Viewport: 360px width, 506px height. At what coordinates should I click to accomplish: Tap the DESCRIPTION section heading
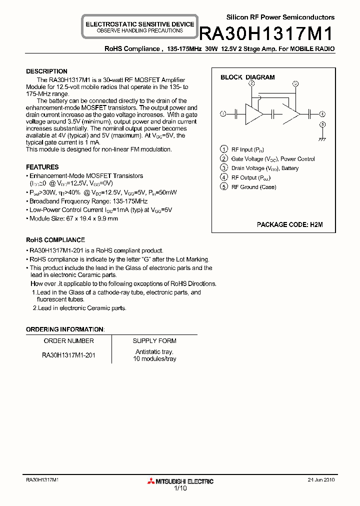click(x=46, y=71)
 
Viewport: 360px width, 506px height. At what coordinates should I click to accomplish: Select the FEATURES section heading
click(x=42, y=167)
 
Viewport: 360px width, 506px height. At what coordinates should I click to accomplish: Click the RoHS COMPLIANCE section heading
click(x=55, y=240)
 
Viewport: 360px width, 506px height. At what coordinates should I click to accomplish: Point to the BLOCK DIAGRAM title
click(x=247, y=77)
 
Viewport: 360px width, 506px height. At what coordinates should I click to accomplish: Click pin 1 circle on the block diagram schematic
click(x=223, y=113)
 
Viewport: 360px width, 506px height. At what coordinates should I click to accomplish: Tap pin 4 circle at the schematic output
click(x=322, y=113)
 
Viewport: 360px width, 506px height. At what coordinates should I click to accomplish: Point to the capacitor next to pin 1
click(x=235, y=113)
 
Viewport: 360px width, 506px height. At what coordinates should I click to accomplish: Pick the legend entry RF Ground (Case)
click(x=253, y=187)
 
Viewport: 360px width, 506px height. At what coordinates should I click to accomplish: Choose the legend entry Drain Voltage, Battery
click(x=264, y=168)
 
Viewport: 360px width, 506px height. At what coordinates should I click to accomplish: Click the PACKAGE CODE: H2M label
click(x=289, y=225)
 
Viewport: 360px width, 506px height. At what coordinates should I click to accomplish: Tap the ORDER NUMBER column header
click(x=69, y=341)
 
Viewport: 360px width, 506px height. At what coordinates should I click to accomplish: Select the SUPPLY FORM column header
click(x=154, y=341)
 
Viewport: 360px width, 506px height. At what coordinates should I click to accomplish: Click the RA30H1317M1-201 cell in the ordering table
click(x=69, y=355)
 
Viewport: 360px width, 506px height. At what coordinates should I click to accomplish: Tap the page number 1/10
click(x=180, y=488)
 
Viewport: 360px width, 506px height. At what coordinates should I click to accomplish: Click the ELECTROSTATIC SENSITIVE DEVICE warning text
click(x=140, y=24)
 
